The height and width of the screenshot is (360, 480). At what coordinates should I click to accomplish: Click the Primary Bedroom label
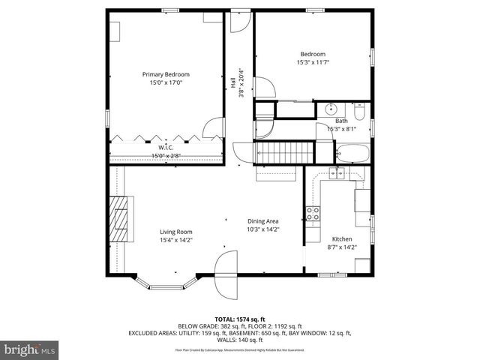tap(166, 74)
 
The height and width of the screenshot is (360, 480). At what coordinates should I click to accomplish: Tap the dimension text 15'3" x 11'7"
tap(313, 63)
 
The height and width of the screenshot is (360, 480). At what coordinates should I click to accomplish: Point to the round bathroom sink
tap(331, 109)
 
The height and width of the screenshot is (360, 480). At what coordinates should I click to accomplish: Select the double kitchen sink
tap(337, 174)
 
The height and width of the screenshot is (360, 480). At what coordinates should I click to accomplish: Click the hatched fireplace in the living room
tap(118, 217)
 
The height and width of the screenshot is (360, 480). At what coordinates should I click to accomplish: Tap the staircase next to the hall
tap(285, 153)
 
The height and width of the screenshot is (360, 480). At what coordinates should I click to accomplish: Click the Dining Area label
tap(263, 221)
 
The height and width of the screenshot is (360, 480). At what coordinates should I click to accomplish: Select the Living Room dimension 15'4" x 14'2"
tap(175, 241)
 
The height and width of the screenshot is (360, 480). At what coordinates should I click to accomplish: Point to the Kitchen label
tap(341, 238)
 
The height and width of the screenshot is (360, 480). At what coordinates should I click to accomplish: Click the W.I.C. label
tap(166, 148)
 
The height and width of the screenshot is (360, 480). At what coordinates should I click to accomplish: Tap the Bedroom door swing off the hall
tap(262, 87)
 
